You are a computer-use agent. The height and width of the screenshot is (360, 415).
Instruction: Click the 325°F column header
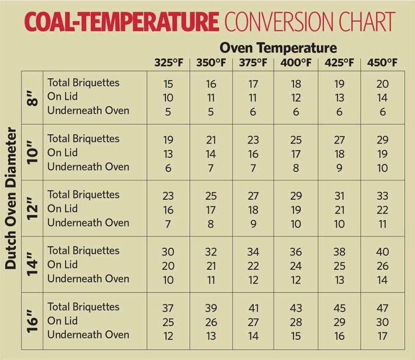(x=168, y=63)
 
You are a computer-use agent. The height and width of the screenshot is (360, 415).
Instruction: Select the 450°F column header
(x=382, y=63)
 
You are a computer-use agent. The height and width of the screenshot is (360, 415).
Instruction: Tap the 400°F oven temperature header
(x=296, y=63)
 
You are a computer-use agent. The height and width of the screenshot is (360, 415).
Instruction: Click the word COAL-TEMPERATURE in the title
(x=121, y=22)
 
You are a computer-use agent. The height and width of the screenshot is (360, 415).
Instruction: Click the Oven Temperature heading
(x=278, y=48)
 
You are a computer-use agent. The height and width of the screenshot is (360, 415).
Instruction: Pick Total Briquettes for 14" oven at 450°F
(x=382, y=251)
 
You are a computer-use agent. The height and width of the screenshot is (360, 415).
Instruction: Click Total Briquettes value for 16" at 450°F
(x=382, y=308)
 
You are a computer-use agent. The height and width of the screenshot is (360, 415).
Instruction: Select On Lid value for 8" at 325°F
(x=168, y=98)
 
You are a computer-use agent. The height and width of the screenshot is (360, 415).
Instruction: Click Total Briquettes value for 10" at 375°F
(x=253, y=139)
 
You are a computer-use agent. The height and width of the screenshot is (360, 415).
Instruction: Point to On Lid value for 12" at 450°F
(x=382, y=210)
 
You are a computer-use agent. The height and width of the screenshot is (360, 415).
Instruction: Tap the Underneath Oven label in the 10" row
(x=88, y=167)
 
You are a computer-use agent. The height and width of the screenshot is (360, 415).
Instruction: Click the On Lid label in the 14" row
(x=62, y=265)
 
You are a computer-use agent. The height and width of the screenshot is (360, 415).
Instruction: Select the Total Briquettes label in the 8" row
(x=83, y=83)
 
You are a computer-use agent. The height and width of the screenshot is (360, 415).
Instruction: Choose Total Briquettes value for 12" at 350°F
(x=211, y=196)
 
